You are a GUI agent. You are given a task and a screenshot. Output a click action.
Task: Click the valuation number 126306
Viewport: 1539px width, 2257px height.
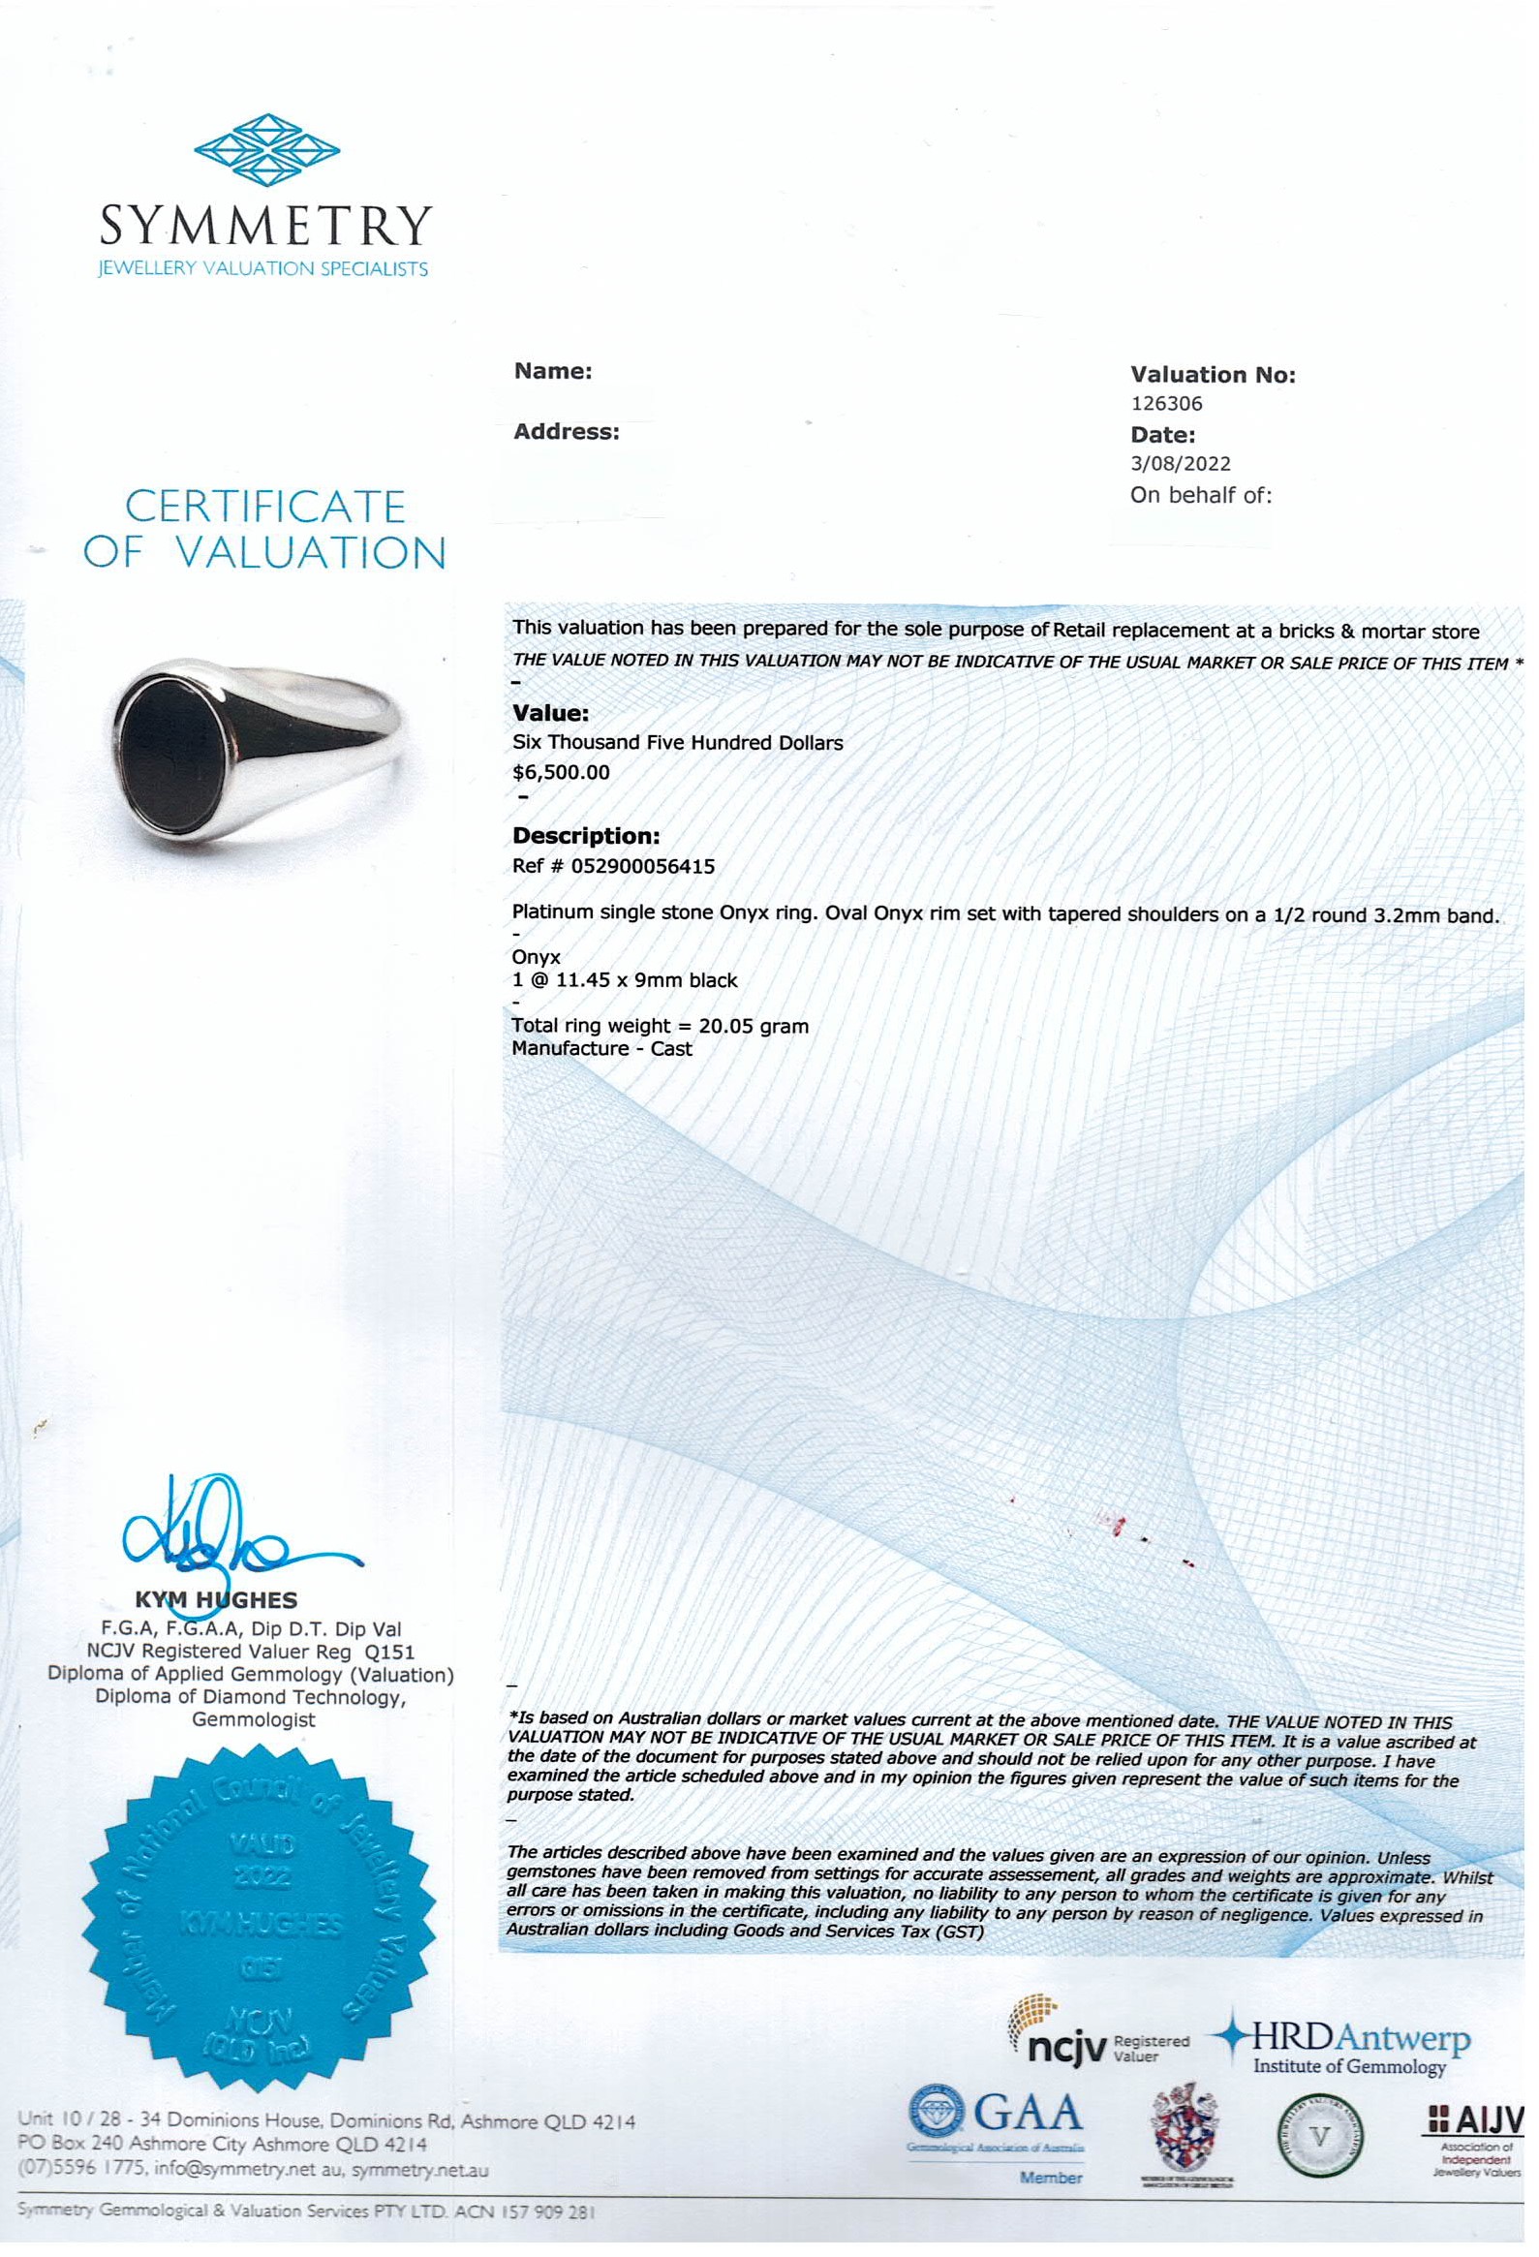click(x=1166, y=403)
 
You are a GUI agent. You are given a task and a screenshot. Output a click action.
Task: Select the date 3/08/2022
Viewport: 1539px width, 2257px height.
click(x=1180, y=464)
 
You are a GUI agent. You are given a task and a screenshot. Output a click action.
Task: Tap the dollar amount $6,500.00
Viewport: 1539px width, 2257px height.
click(x=561, y=773)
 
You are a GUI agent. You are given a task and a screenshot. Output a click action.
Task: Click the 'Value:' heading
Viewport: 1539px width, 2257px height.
click(x=550, y=714)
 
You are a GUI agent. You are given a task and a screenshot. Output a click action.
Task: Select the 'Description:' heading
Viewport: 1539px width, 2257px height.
click(x=586, y=836)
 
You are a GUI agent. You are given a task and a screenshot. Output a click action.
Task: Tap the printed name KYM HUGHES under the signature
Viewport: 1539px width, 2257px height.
click(x=216, y=1599)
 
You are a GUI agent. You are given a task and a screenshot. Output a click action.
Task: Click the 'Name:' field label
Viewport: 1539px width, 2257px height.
click(x=552, y=371)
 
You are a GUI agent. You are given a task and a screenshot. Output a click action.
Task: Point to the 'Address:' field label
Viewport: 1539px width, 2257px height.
click(x=566, y=432)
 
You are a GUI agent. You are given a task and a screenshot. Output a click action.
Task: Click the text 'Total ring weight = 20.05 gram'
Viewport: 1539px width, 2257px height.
click(x=661, y=1026)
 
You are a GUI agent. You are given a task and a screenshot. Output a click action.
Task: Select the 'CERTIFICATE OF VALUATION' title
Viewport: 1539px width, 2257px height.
click(x=263, y=529)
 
